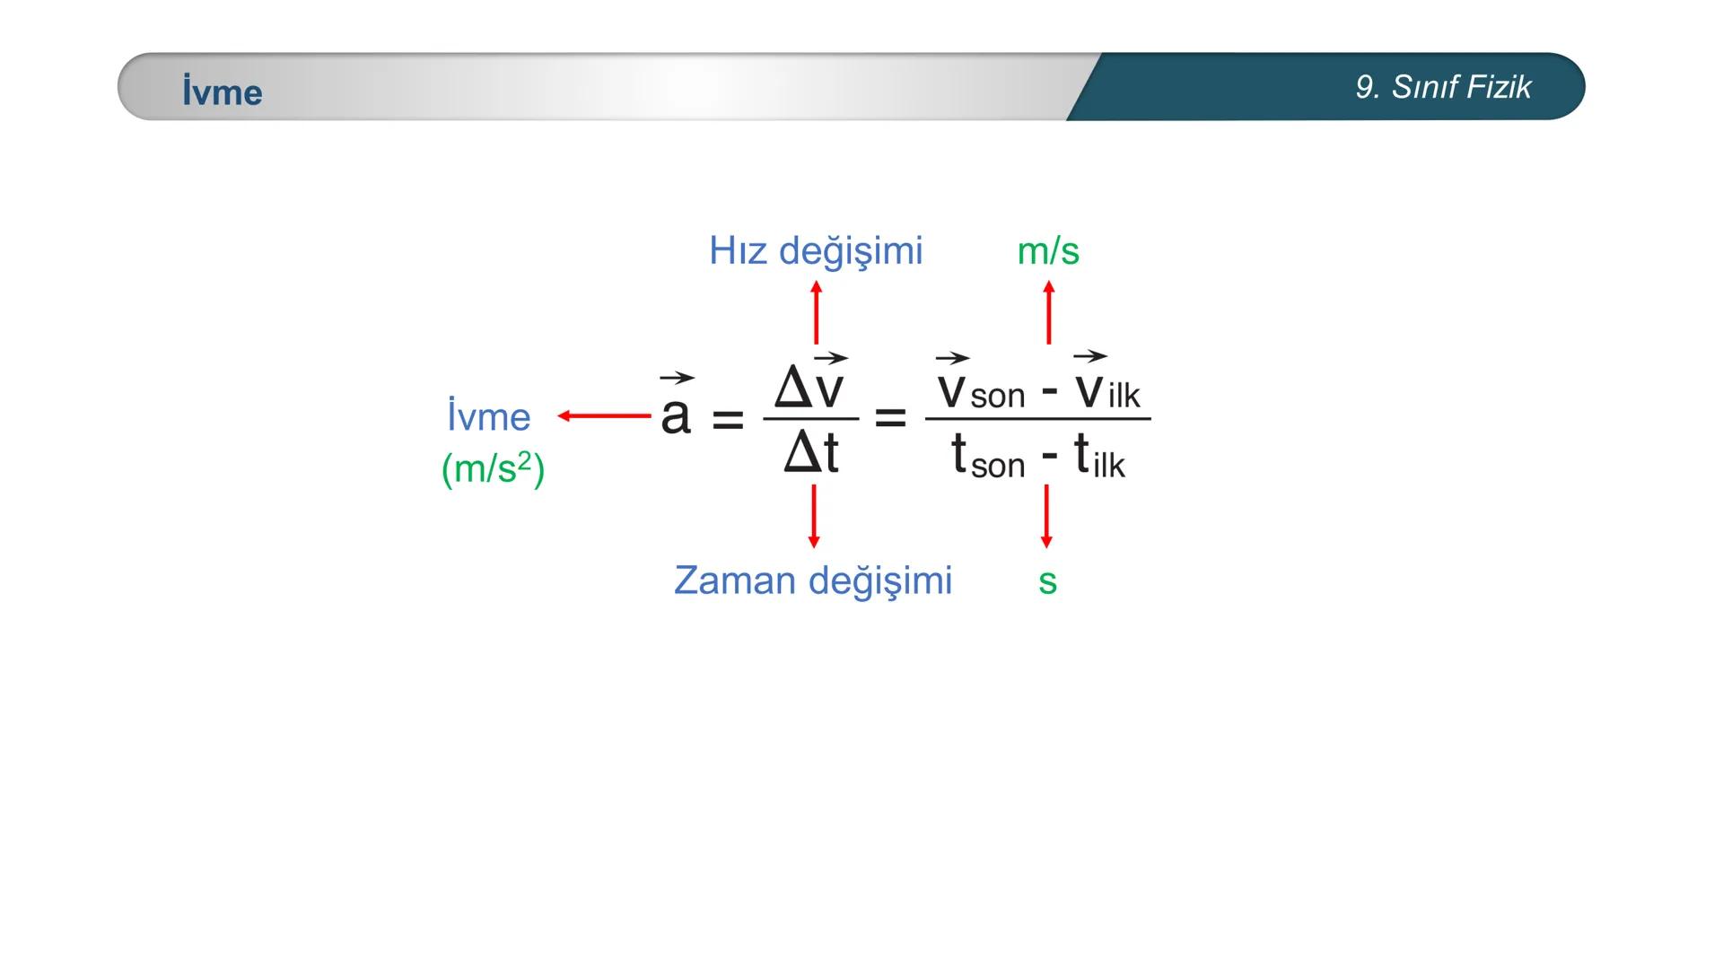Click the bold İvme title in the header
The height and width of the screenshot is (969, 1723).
(222, 92)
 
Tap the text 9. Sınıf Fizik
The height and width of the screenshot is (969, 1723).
(1443, 87)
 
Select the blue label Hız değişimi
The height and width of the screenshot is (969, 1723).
(816, 250)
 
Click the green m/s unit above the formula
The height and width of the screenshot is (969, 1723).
(1048, 250)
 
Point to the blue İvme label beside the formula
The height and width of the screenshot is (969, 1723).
(488, 416)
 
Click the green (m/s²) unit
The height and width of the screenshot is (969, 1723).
(493, 468)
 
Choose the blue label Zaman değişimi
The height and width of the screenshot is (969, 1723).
(813, 580)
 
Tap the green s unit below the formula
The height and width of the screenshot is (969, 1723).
(1047, 581)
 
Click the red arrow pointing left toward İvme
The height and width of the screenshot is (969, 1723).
(604, 415)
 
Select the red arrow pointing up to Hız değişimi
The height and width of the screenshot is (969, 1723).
(816, 312)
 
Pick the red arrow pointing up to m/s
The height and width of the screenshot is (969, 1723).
(1048, 312)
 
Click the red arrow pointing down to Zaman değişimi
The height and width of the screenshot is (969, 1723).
(814, 516)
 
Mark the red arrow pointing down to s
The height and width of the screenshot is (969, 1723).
(1046, 516)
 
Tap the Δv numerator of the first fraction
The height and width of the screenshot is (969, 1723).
(809, 386)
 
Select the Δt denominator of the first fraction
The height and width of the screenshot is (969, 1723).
(810, 453)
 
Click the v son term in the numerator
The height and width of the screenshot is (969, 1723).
(980, 390)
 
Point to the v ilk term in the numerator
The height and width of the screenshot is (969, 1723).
(1107, 390)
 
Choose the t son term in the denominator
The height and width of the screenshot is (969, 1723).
(987, 458)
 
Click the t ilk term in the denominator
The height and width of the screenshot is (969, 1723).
(1098, 458)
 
